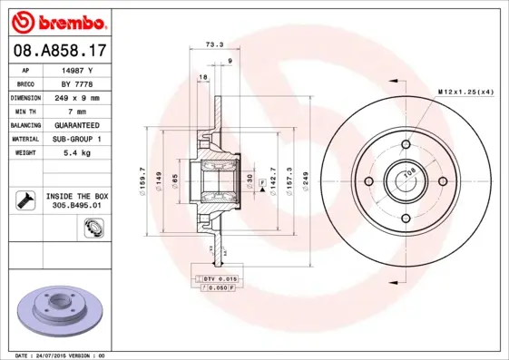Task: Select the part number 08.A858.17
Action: click(57, 52)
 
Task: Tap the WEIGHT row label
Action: click(24, 153)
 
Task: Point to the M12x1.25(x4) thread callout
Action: click(466, 92)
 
